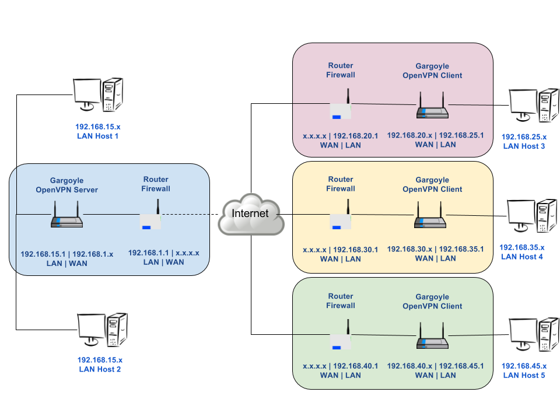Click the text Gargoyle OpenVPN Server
pos(66,185)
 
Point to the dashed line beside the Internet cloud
pos(185,215)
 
